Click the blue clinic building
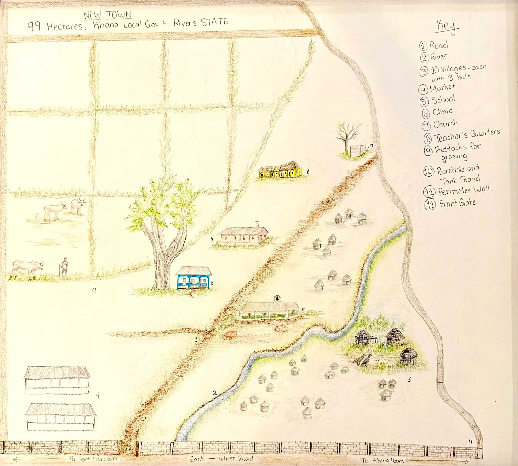coord(194,278)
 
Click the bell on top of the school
coord(277,299)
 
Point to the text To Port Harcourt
coord(93,459)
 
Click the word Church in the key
coord(445,124)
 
